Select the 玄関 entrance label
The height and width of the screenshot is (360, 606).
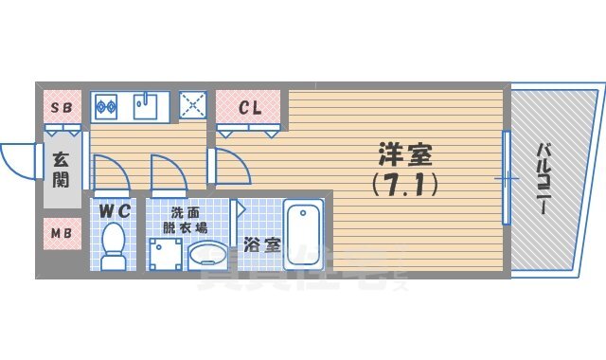(60, 169)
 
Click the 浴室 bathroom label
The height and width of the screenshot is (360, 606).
(259, 244)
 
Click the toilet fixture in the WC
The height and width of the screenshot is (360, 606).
(114, 244)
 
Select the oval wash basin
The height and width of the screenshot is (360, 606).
(207, 254)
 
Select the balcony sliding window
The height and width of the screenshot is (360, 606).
(508, 177)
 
